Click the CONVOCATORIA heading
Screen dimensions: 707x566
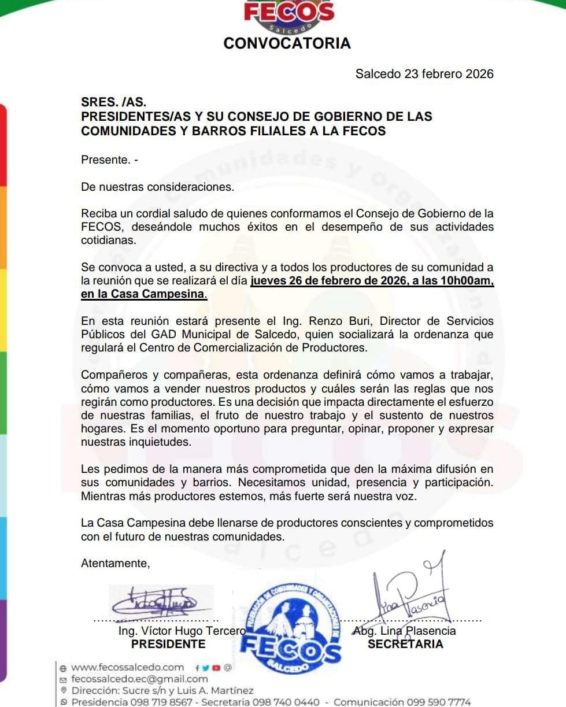click(x=287, y=43)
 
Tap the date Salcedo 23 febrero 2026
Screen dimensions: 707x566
click(x=424, y=74)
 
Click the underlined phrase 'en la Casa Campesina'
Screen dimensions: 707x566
click(x=144, y=294)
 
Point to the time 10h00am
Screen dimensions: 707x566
click(x=467, y=282)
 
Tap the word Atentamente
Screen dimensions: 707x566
click(x=115, y=563)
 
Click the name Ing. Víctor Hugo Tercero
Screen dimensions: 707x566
click(x=182, y=631)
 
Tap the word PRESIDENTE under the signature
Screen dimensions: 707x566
click(x=168, y=644)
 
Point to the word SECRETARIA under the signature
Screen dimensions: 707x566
click(x=405, y=644)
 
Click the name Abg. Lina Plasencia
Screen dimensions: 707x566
click(x=404, y=631)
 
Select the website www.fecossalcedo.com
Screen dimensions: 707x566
click(x=128, y=668)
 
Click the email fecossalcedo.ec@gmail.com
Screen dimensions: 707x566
click(x=139, y=679)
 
